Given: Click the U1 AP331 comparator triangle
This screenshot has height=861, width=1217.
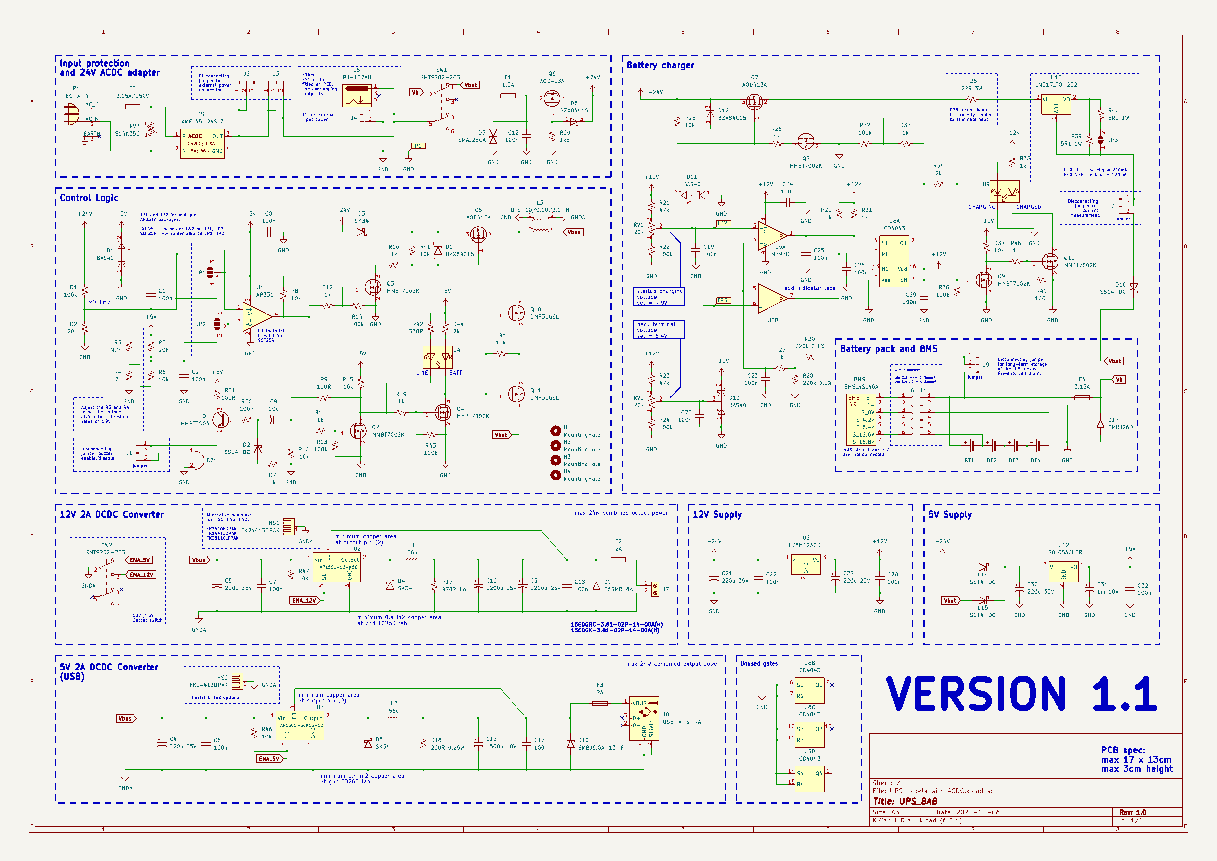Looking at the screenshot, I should coord(257,317).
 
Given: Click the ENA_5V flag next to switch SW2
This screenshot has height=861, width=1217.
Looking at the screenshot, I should coord(140,560).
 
